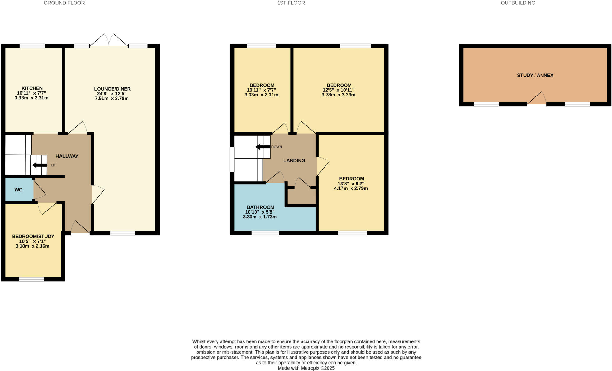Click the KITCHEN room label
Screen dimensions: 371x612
32,88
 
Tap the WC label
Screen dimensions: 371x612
19,190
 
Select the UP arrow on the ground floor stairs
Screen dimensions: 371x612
40,165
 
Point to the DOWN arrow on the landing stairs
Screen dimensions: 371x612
263,147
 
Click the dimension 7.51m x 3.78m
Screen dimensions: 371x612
112,98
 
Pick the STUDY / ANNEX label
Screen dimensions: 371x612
535,75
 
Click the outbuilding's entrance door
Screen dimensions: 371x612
537,99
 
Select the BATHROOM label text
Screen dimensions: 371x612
260,207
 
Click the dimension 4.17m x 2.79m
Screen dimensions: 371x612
351,188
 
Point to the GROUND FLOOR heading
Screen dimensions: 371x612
64,3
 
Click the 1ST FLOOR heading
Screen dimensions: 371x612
291,3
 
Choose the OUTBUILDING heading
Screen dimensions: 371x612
518,3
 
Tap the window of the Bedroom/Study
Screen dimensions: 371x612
31,279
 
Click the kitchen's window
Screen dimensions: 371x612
32,46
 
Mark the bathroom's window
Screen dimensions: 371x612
265,233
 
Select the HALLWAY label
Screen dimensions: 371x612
67,156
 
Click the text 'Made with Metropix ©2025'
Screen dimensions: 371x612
306,368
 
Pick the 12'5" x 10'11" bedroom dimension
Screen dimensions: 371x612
338,90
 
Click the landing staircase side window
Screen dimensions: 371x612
232,160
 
